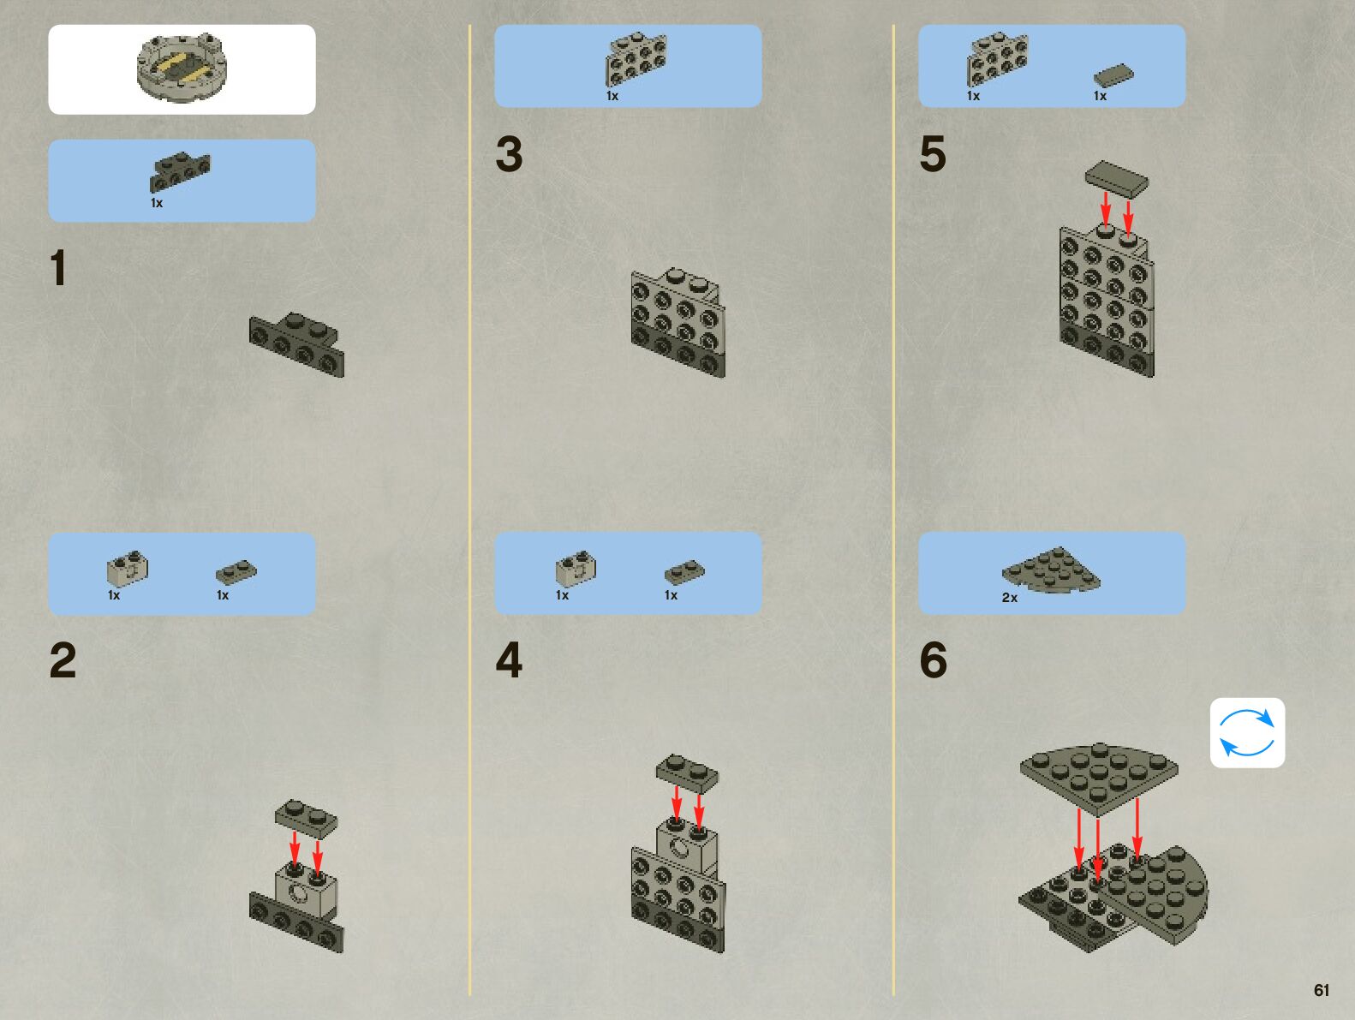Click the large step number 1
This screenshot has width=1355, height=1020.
point(58,268)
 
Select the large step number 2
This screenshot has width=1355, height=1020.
point(63,660)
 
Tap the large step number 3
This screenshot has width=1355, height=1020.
point(509,154)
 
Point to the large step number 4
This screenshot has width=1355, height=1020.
point(509,660)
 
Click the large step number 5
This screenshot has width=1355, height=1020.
point(933,154)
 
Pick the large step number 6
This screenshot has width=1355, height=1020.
point(933,660)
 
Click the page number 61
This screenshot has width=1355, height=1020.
point(1322,990)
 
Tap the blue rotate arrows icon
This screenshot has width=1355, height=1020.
point(1247,732)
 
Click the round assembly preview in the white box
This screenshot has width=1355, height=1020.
point(182,67)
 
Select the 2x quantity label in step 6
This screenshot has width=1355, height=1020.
point(1010,598)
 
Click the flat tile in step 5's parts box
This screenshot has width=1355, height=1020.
point(1113,75)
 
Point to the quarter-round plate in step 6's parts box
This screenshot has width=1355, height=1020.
point(1052,570)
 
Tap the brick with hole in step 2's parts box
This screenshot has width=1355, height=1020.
point(128,568)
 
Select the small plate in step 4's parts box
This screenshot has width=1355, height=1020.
point(683,571)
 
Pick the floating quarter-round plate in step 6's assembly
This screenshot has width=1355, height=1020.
point(1099,776)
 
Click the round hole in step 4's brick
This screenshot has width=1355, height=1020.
point(679,849)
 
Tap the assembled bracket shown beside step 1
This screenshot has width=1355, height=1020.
point(297,344)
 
